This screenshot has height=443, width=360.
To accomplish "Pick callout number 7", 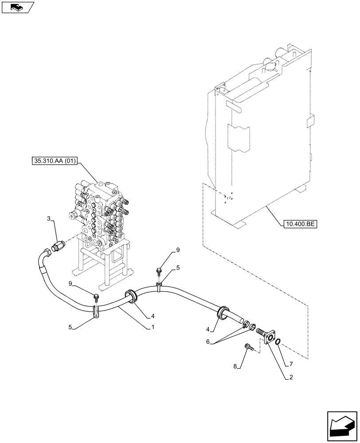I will (291, 364).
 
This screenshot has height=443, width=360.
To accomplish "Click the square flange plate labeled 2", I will (269, 337).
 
